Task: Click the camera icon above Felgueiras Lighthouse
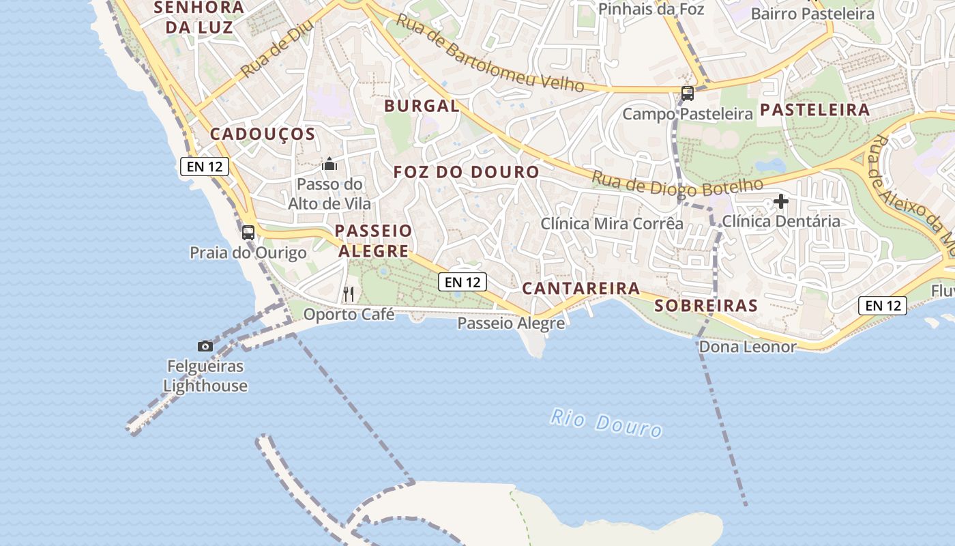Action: click(x=205, y=346)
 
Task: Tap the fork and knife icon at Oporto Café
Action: click(x=349, y=294)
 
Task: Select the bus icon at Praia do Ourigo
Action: click(x=248, y=232)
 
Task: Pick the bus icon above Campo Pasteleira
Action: click(x=688, y=94)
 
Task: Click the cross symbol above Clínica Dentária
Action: click(x=781, y=201)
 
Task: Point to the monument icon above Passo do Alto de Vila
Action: click(x=329, y=164)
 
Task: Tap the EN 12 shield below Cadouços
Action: click(x=204, y=166)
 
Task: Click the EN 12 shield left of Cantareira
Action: click(x=463, y=281)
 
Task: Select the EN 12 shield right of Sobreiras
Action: click(x=883, y=306)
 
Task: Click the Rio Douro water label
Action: click(x=606, y=422)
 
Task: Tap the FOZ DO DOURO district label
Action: click(x=467, y=172)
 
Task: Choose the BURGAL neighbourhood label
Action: click(x=422, y=106)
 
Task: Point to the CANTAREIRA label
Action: click(x=581, y=289)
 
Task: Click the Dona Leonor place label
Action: click(x=747, y=347)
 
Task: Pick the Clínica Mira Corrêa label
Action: click(x=612, y=223)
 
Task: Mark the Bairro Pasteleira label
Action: click(x=812, y=14)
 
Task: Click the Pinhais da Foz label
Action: click(x=651, y=9)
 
